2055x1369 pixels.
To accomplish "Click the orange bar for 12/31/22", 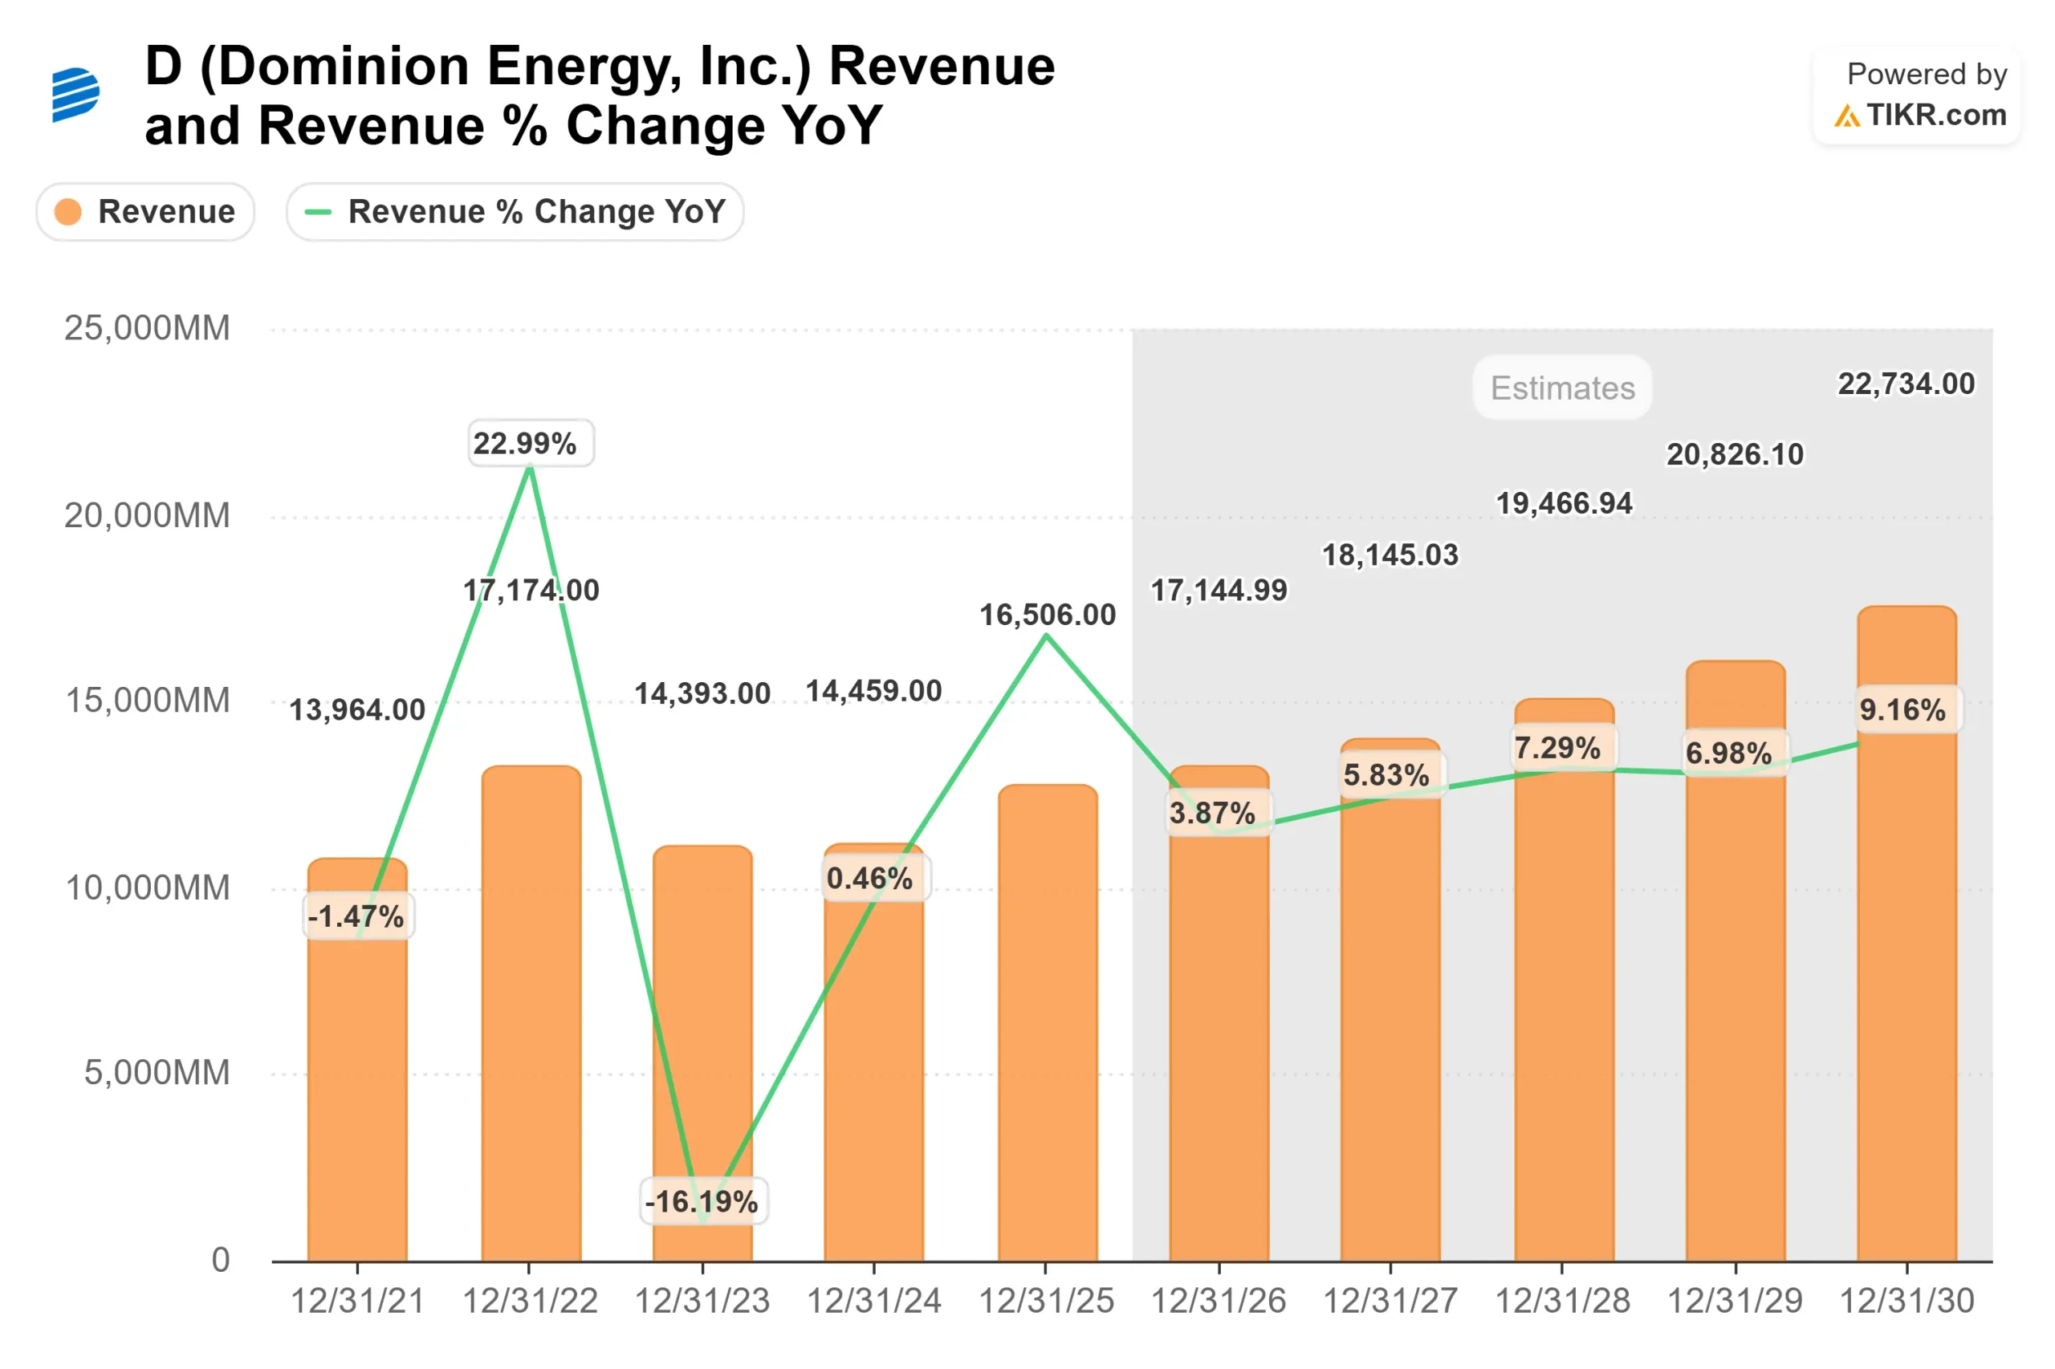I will point(530,1013).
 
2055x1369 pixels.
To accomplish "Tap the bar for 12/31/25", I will point(1046,1022).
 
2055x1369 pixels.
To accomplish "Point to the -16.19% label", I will point(702,1200).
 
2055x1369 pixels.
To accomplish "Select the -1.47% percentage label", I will point(356,916).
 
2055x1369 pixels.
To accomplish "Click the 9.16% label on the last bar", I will point(1902,709).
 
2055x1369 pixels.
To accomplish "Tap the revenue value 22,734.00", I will point(1905,384).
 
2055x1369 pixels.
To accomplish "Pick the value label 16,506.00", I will point(1046,614).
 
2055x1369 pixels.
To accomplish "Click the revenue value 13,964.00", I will point(356,709).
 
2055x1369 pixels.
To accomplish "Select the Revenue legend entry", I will point(145,211).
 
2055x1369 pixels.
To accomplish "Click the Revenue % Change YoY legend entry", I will point(515,211).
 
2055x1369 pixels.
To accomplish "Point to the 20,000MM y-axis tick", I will point(147,515).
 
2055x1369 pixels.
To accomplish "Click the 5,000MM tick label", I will point(157,1071).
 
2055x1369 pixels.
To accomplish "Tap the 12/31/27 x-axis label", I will point(1390,1300).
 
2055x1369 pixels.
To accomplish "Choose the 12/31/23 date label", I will point(702,1300).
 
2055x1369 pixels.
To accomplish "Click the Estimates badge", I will point(1561,388).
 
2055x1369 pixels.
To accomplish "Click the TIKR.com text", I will point(1935,115).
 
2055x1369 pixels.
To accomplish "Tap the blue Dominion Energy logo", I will point(75,95).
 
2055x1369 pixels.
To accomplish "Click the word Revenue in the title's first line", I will point(941,67).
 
